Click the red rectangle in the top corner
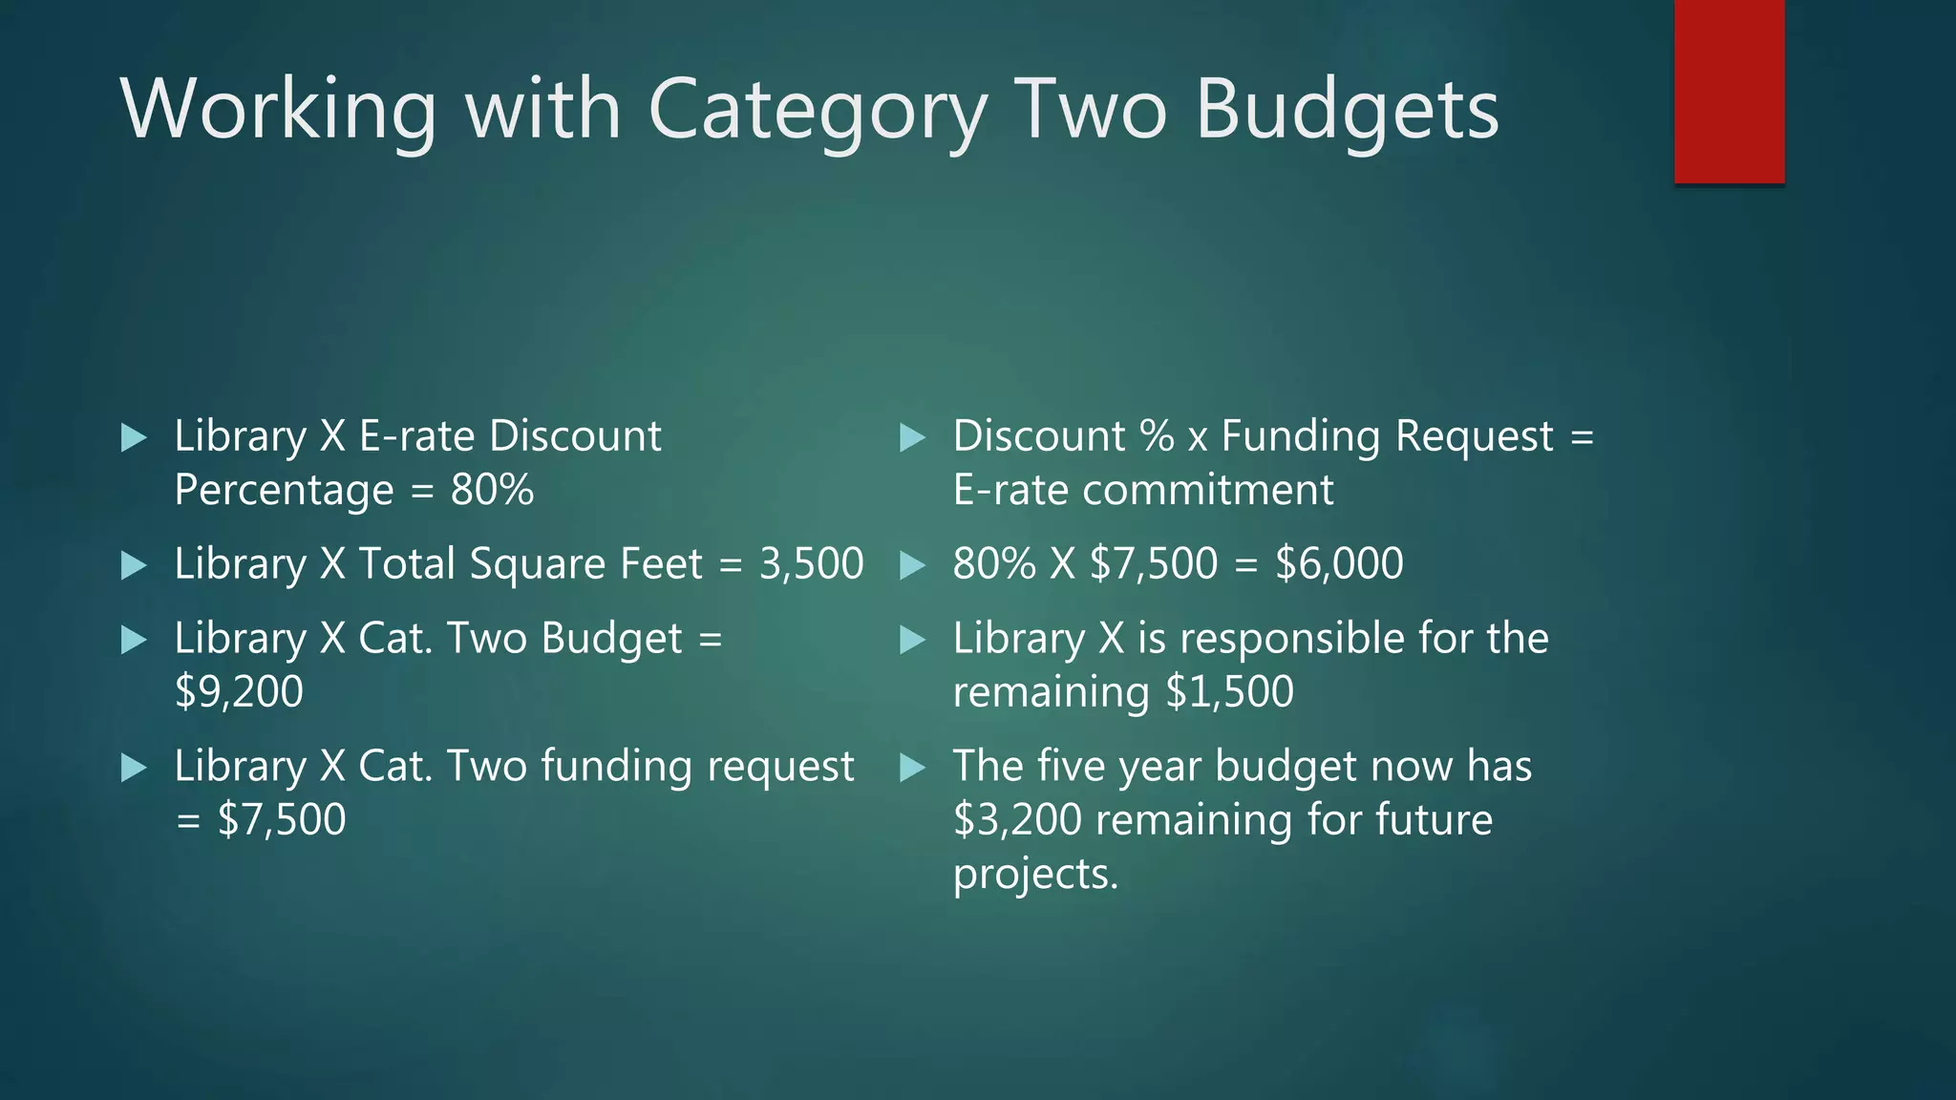(x=1729, y=92)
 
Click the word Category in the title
(x=818, y=111)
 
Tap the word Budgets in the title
(x=1347, y=111)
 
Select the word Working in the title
(x=278, y=111)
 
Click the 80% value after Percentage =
(x=492, y=490)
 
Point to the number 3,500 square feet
(x=811, y=563)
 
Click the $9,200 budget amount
(x=239, y=691)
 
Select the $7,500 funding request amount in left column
(x=282, y=819)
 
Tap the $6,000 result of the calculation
(x=1339, y=563)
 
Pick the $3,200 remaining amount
(x=1018, y=819)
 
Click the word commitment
(x=1207, y=490)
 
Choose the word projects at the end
(x=1035, y=874)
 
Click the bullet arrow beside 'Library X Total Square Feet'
(x=135, y=565)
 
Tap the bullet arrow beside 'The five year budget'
(x=913, y=767)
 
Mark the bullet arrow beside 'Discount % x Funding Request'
(x=913, y=438)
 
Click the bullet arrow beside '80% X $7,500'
(x=913, y=565)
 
